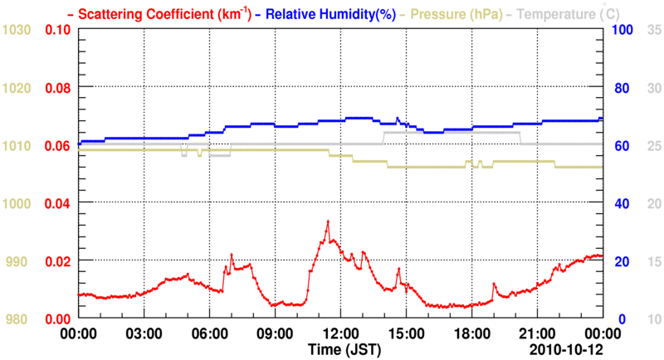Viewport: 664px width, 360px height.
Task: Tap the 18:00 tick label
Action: [x=471, y=333]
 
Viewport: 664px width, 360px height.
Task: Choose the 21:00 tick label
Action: [x=537, y=333]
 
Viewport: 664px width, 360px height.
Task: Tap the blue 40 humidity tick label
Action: [x=619, y=203]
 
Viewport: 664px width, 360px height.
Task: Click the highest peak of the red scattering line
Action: [x=328, y=221]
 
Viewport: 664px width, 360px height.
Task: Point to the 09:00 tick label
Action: [x=275, y=333]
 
